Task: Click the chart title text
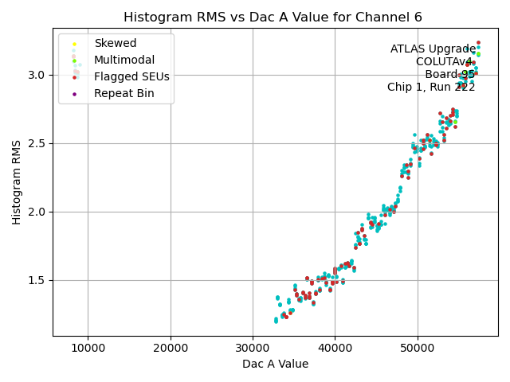[273, 17]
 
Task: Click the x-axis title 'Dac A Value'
[275, 364]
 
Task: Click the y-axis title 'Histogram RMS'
[17, 182]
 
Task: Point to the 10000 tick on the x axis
[88, 348]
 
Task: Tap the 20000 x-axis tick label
[171, 348]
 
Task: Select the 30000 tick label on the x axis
[253, 348]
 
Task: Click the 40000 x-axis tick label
[335, 348]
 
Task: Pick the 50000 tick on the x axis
[417, 348]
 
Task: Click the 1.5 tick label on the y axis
[37, 280]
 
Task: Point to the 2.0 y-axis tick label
[37, 212]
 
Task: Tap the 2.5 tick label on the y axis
[37, 143]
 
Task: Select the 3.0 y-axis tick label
[37, 75]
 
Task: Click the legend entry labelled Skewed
[115, 44]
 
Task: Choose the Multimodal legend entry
[124, 60]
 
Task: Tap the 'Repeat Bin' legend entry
[124, 94]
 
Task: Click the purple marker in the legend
[74, 94]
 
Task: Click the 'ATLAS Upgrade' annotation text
[433, 49]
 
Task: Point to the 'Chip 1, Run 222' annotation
[431, 88]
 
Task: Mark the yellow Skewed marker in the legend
[74, 44]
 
